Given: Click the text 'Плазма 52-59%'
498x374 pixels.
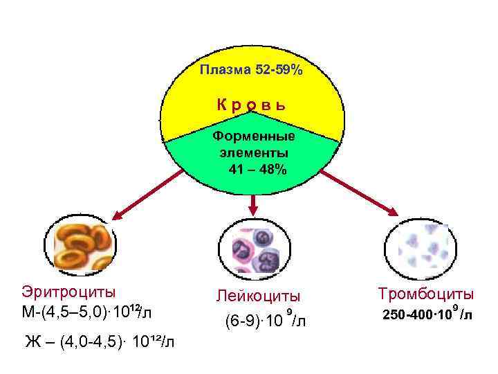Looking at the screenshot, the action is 250,70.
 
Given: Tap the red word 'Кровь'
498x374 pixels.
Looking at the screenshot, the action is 251,105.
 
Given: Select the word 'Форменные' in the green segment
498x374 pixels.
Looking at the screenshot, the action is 253,136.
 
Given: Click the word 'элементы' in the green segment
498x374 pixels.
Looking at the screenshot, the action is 253,153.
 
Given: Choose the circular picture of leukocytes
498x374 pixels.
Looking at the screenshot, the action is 253,249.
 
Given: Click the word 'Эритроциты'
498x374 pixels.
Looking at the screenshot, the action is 68,292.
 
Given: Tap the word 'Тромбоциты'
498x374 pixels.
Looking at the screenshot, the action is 425,294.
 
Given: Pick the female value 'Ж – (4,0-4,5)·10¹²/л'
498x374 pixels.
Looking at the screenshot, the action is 100,341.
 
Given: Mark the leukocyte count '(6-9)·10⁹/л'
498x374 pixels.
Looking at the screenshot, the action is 266,321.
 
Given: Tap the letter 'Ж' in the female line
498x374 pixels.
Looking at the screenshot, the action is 32,341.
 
